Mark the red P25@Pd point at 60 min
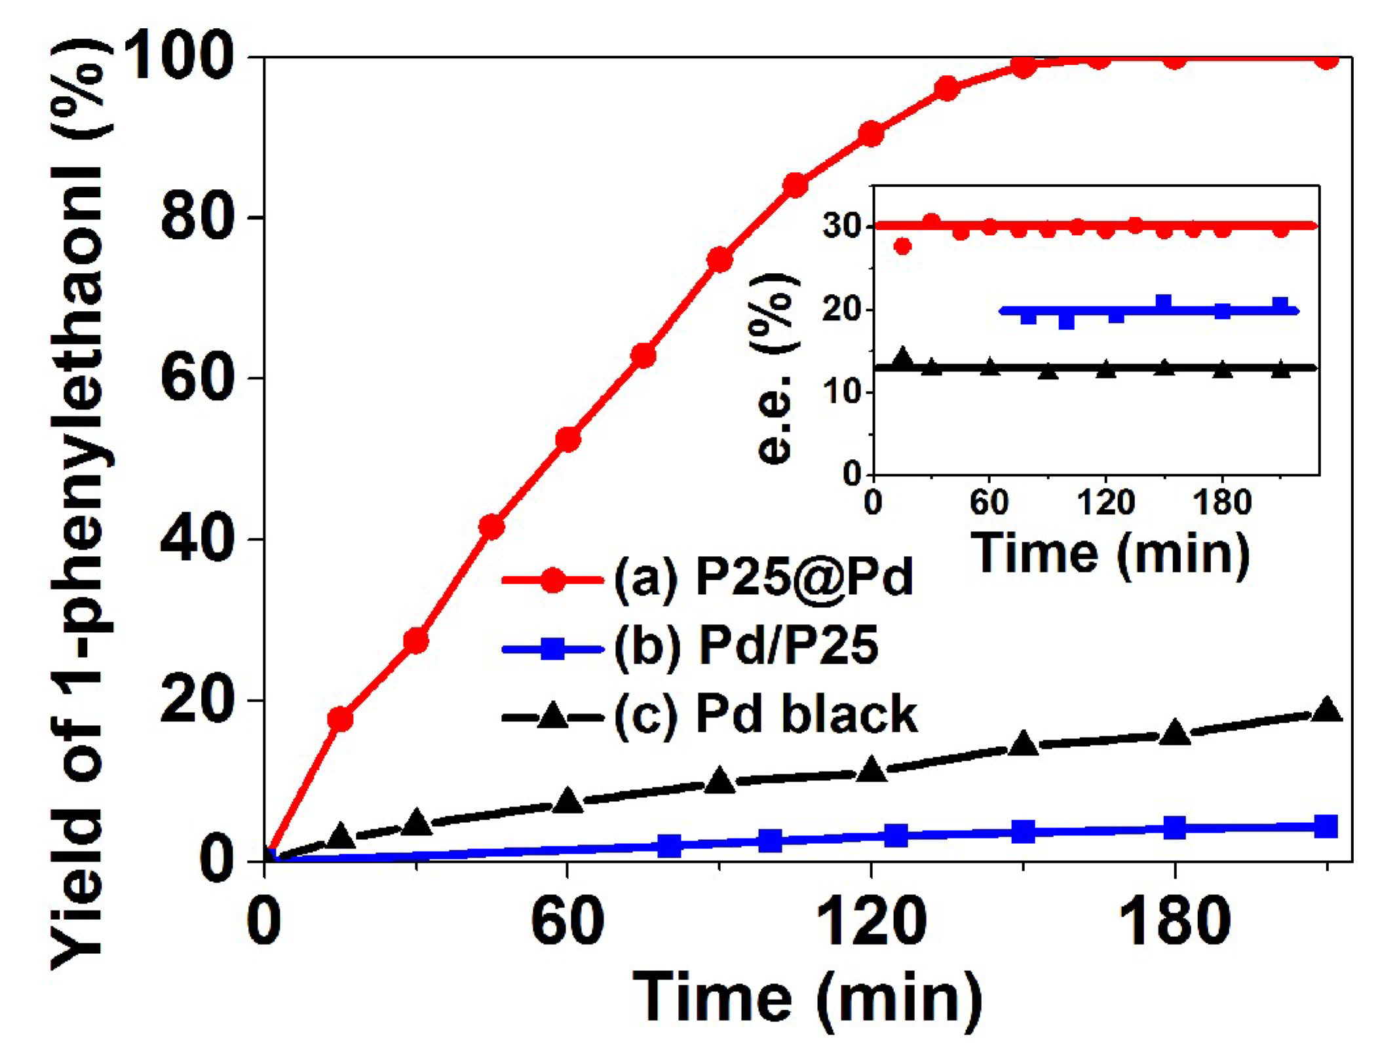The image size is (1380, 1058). click(x=567, y=439)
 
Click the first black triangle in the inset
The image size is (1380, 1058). click(x=903, y=358)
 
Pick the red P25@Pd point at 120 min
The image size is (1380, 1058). click(x=872, y=134)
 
